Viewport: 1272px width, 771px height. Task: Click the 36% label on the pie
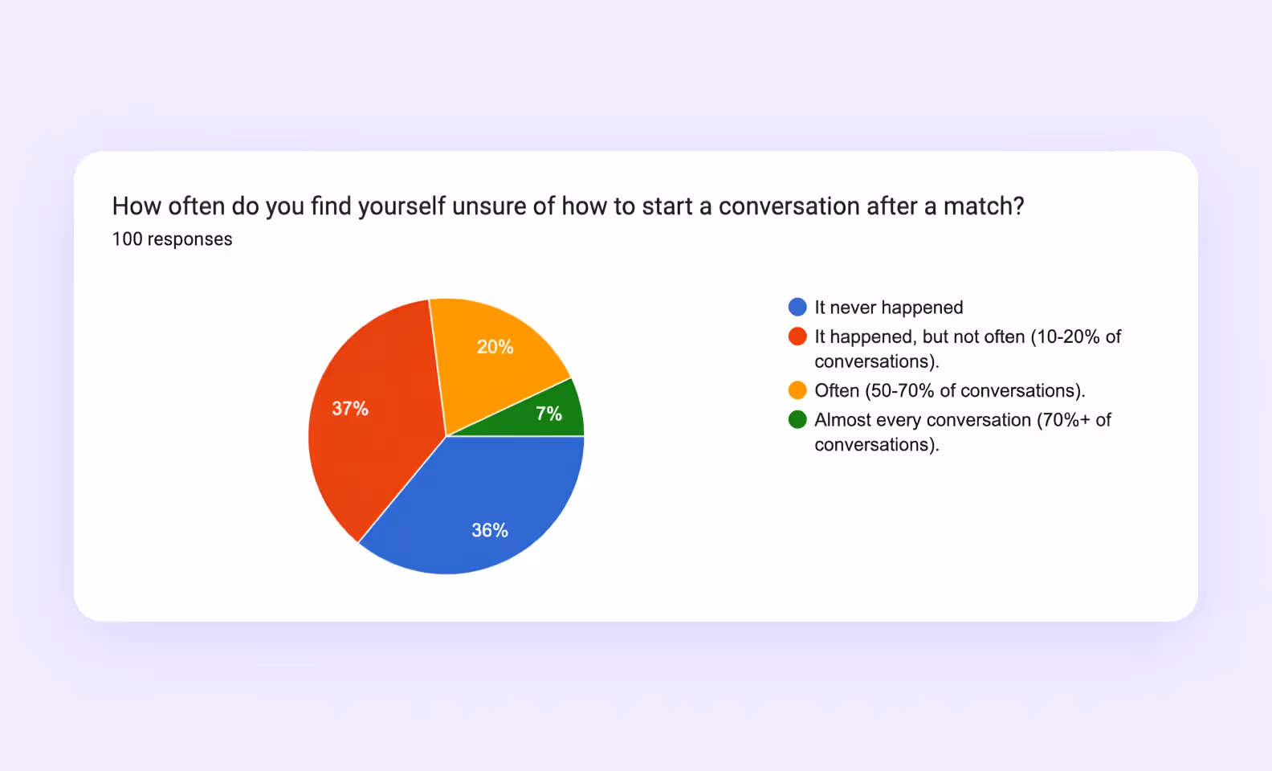pyautogui.click(x=489, y=530)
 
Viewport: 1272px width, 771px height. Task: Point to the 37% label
pyautogui.click(x=350, y=409)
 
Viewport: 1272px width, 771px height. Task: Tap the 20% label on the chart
pyautogui.click(x=495, y=347)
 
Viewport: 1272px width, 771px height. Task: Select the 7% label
pyautogui.click(x=548, y=414)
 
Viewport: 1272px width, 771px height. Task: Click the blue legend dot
pyautogui.click(x=797, y=308)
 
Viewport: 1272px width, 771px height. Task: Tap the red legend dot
pyautogui.click(x=797, y=337)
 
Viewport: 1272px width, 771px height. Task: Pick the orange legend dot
pyautogui.click(x=797, y=390)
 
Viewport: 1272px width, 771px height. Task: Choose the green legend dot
pyautogui.click(x=797, y=420)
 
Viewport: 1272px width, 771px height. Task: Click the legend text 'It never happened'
pyautogui.click(x=888, y=308)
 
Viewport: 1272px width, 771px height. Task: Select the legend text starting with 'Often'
pyautogui.click(x=949, y=391)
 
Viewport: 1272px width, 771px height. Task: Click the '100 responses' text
pyautogui.click(x=172, y=239)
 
